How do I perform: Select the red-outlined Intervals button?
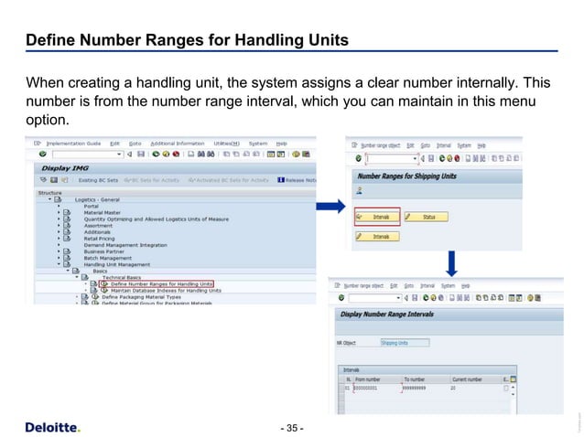pos(372,217)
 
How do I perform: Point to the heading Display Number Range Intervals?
pos(400,315)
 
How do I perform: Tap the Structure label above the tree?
pos(49,193)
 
